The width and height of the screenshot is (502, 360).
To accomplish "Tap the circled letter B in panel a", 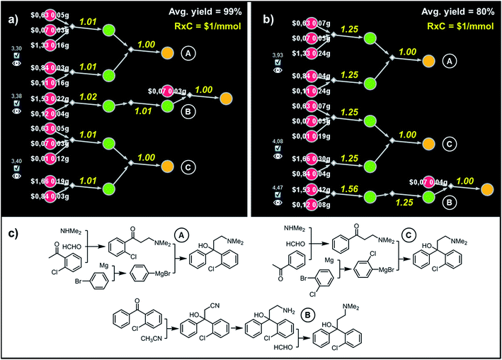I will point(189,113).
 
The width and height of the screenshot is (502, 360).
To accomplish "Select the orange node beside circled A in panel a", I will point(166,53).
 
